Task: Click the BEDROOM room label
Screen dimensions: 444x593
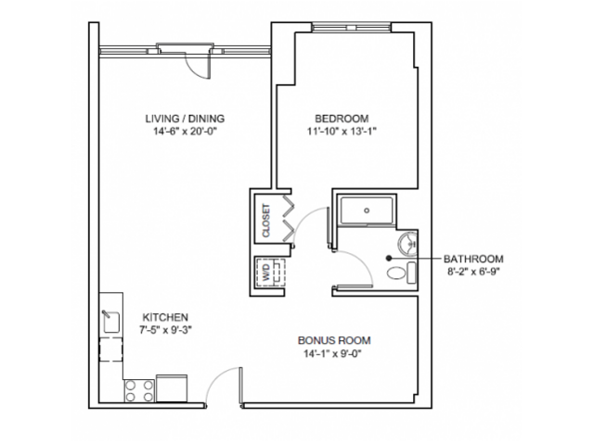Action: pyautogui.click(x=342, y=119)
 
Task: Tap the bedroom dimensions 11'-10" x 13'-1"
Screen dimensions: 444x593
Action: pyautogui.click(x=342, y=132)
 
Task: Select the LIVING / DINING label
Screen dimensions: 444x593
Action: pyautogui.click(x=186, y=119)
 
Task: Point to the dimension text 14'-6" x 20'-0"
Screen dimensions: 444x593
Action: pyautogui.click(x=186, y=132)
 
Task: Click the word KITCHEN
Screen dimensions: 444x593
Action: pyautogui.click(x=165, y=315)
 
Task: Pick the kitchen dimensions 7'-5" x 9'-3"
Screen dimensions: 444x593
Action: pyautogui.click(x=165, y=328)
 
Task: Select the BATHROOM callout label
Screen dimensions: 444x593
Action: pyautogui.click(x=473, y=259)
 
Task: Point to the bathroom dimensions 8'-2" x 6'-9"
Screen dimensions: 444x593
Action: pyautogui.click(x=473, y=272)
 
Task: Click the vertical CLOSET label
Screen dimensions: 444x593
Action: pyautogui.click(x=266, y=221)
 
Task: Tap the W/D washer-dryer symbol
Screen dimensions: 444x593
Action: pyautogui.click(x=267, y=273)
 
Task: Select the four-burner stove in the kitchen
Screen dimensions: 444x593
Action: pyautogui.click(x=138, y=389)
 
